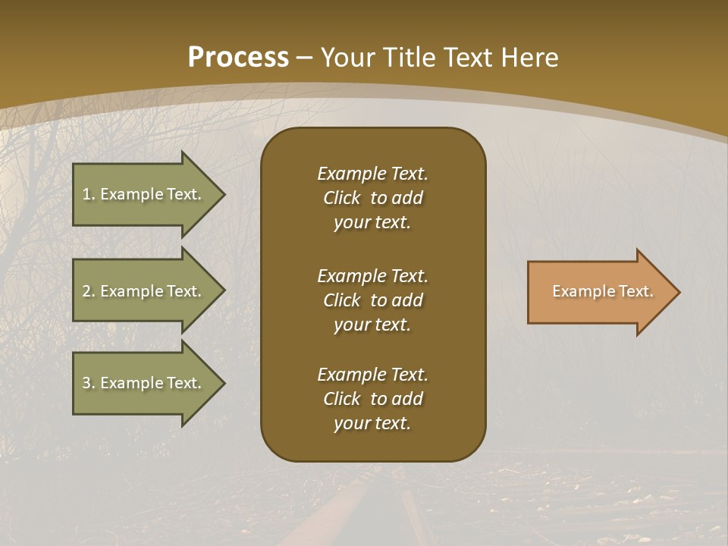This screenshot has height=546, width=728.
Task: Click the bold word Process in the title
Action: tap(237, 58)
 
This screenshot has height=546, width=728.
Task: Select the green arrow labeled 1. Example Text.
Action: tap(144, 194)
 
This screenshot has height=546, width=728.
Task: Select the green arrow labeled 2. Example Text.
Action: tap(144, 291)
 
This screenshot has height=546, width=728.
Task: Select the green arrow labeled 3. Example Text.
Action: tap(144, 383)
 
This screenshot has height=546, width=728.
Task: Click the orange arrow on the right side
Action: tap(599, 292)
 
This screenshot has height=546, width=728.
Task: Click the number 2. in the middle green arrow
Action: tap(88, 291)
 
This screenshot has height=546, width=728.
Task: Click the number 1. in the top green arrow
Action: tap(88, 194)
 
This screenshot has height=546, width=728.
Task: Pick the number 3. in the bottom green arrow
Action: tap(88, 383)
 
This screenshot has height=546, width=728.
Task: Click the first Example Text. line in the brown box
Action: tap(372, 174)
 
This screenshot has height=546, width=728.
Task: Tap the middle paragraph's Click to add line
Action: tap(372, 300)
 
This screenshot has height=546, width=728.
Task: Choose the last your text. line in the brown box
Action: tap(372, 423)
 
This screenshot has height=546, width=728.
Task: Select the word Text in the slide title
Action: tap(474, 58)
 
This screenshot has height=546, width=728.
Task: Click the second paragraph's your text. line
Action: tap(372, 325)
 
